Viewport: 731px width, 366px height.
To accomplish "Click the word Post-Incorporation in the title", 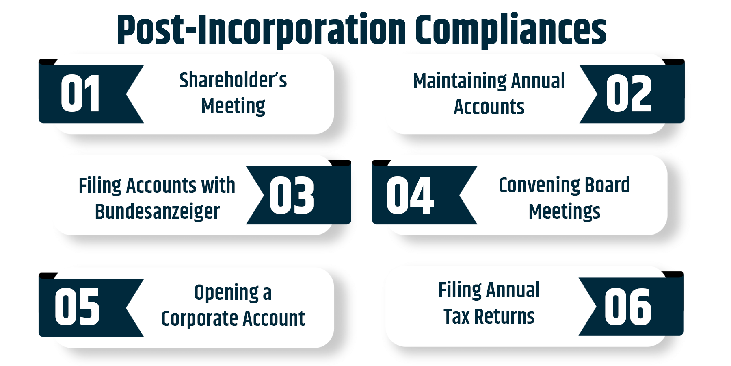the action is (262, 30).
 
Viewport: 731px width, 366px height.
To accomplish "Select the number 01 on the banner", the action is (80, 94).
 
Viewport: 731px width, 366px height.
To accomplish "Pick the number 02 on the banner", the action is (629, 94).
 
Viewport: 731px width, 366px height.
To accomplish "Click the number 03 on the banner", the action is (292, 196).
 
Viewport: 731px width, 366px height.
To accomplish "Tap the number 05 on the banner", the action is (77, 307).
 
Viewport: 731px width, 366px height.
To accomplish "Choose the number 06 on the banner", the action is (628, 307).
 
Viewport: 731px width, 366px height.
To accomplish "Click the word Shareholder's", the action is (233, 80).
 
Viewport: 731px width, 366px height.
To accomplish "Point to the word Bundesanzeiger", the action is (157, 211).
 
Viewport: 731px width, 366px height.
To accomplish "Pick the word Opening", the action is (227, 293).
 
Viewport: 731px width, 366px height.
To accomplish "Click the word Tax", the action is (456, 316).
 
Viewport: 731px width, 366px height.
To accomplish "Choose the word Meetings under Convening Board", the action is (564, 211).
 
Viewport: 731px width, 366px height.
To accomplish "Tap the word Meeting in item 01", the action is (233, 107).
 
